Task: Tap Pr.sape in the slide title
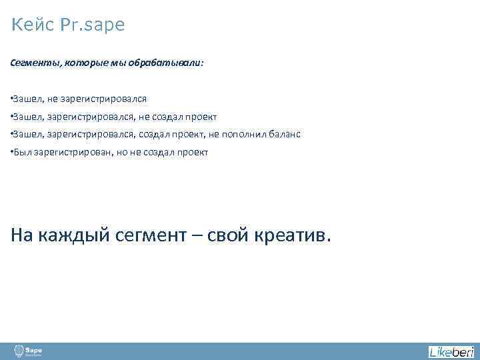[92, 26]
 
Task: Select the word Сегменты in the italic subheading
[33, 63]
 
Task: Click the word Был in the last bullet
[21, 152]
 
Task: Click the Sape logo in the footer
[29, 351]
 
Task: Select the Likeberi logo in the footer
[451, 351]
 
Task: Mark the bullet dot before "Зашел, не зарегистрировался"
[12, 99]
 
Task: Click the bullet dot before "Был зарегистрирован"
[12, 152]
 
